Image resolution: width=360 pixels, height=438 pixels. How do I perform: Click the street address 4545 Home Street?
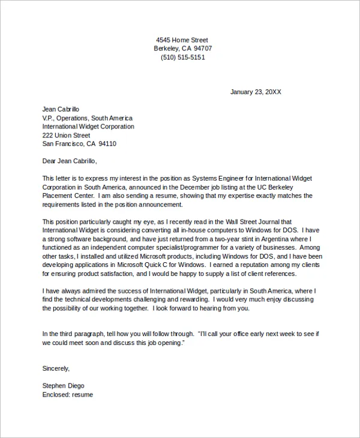coord(182,40)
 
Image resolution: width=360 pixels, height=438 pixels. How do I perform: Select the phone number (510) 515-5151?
coord(182,58)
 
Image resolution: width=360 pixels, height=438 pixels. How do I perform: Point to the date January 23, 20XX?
coord(256,92)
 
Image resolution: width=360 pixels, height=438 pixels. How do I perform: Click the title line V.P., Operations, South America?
coord(87,118)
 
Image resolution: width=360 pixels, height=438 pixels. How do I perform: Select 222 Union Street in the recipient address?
coord(66,136)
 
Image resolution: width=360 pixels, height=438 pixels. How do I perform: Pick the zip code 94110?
coord(107,144)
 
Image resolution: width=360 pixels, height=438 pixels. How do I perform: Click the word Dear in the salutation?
coord(49,161)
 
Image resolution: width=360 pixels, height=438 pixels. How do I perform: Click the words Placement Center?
coord(68,196)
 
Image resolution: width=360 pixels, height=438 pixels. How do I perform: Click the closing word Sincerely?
coord(56,368)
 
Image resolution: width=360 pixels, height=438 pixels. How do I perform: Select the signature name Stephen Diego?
coord(63,386)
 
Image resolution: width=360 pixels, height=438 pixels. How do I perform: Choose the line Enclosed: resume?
coord(67,395)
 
